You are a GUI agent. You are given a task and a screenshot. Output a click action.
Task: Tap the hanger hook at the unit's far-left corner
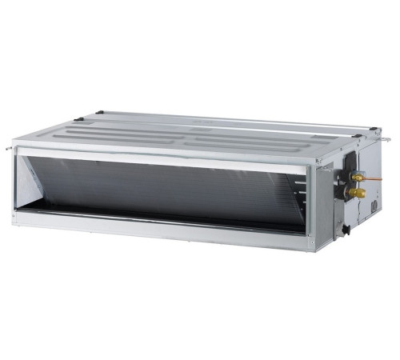[x=14, y=148]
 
